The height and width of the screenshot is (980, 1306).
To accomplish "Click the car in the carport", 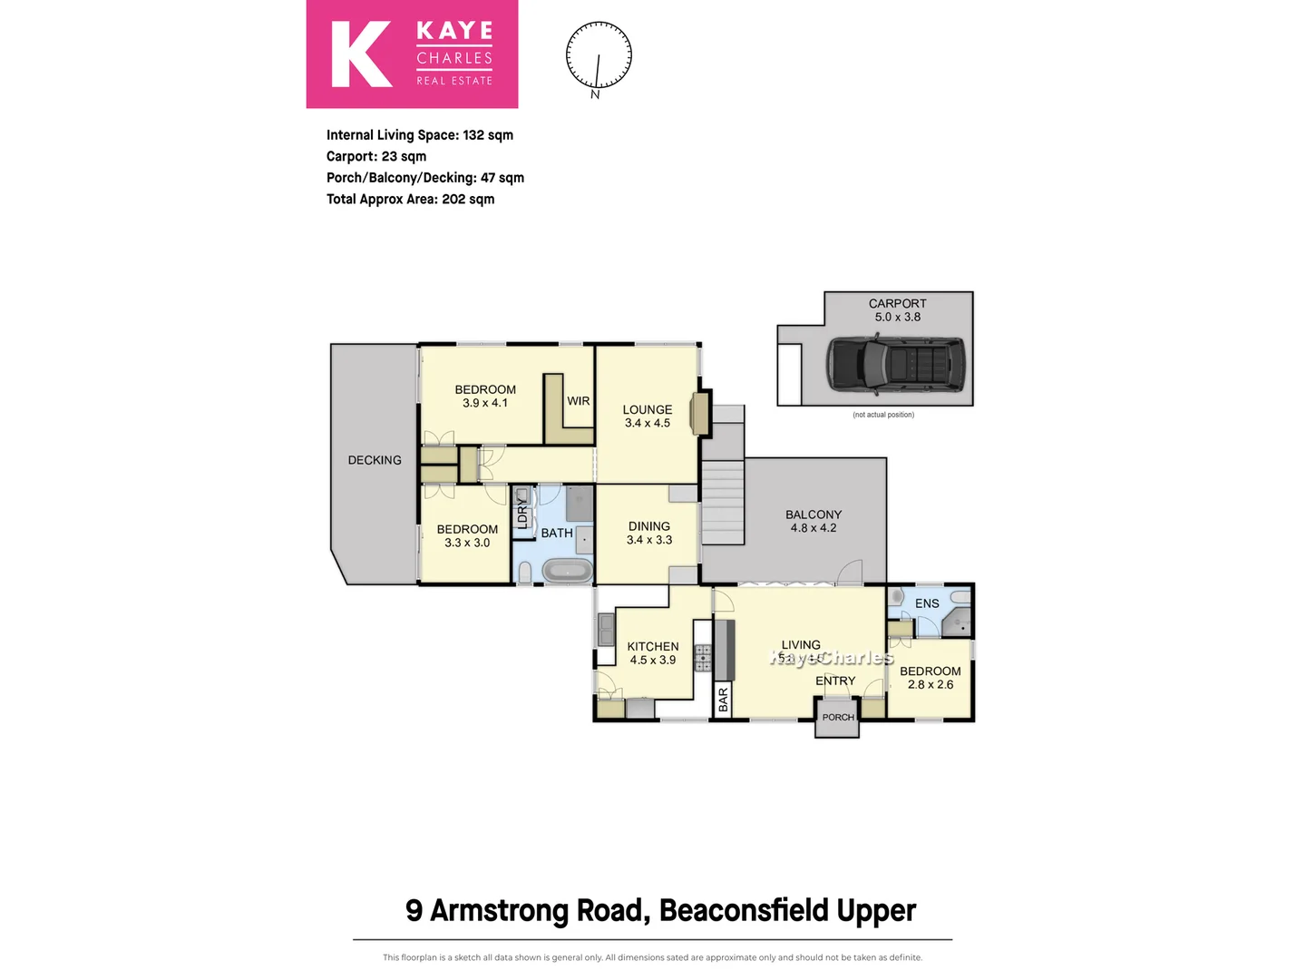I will tap(896, 365).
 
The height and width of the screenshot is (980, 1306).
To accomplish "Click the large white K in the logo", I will tap(361, 54).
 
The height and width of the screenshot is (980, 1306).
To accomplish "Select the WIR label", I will tap(579, 401).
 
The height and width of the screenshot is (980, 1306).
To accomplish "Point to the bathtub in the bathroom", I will tap(567, 571).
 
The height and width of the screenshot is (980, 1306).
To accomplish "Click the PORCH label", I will tap(837, 717).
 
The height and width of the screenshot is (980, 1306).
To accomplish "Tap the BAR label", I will tap(723, 699).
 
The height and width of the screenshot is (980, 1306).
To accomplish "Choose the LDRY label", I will tap(522, 514).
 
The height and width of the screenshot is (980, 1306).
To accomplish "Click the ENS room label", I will tap(927, 603).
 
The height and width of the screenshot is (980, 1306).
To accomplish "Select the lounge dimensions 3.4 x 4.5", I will tap(648, 423).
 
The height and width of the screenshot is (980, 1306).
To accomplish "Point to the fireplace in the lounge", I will tap(699, 414).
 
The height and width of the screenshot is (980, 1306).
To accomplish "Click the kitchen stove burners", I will tap(703, 658).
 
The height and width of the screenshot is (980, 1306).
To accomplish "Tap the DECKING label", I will tap(375, 460).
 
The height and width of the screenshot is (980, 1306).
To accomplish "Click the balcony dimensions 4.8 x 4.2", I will tap(814, 528).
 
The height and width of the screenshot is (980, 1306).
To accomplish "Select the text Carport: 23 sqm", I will tap(376, 156).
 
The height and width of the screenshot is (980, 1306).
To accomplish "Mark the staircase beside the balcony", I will tap(723, 502).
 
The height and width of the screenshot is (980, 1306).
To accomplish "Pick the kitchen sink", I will tap(606, 627).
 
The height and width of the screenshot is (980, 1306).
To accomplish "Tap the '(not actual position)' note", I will tap(883, 415).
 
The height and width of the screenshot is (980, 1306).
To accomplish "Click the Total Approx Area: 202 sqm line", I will tap(411, 200).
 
